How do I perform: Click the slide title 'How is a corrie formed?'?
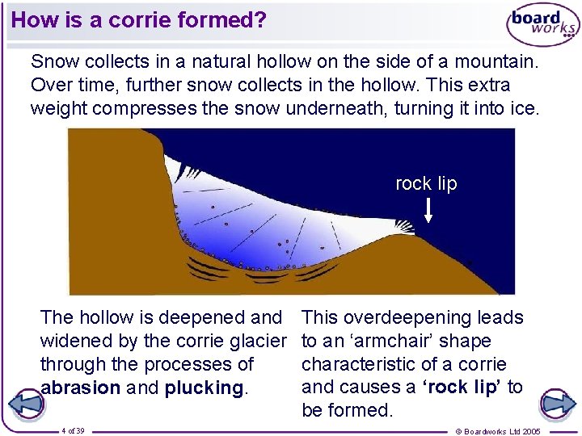138,20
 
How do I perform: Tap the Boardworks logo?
542,24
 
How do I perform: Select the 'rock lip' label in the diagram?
425,184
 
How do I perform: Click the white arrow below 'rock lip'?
428,209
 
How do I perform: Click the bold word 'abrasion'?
80,388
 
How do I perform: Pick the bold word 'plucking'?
204,388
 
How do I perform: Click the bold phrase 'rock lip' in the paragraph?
462,388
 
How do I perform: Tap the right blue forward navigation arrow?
557,403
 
